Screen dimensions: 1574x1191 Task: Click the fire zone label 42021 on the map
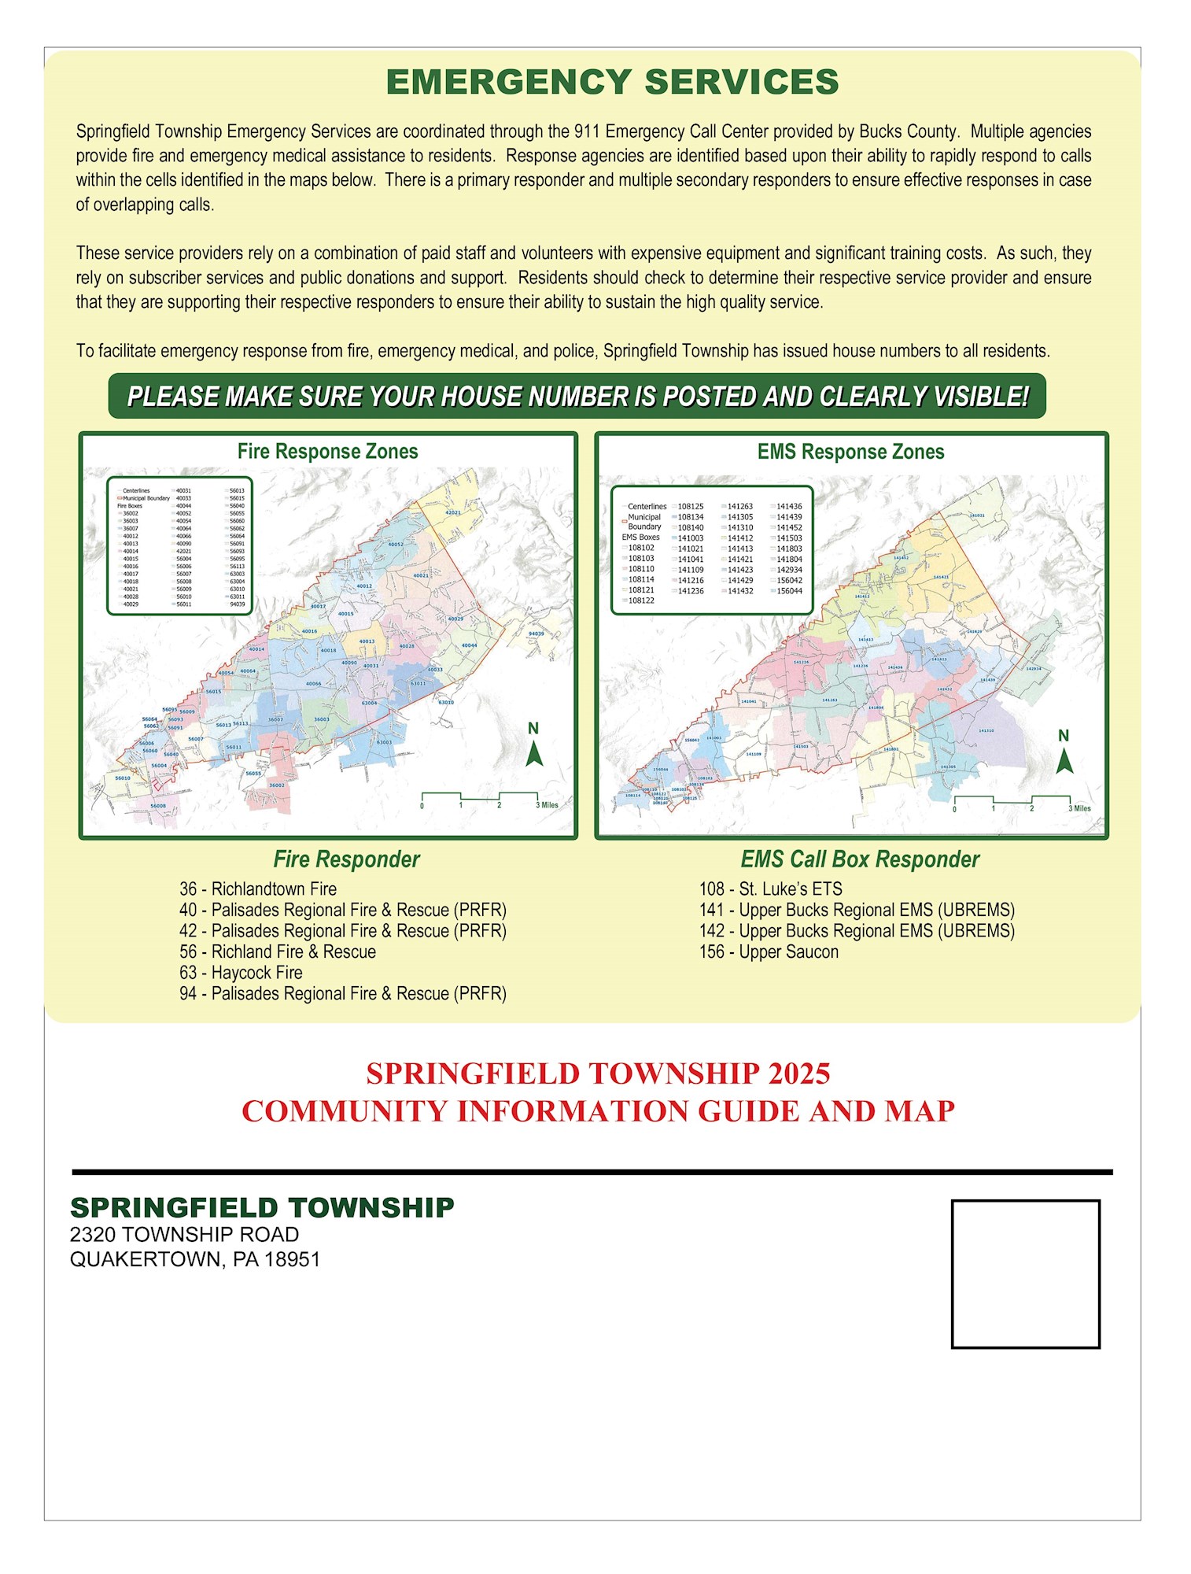453,512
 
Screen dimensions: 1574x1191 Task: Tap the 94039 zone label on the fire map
536,634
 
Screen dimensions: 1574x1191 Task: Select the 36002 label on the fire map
277,785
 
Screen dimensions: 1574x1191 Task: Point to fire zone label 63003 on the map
384,742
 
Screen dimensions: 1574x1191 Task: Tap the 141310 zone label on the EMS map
986,730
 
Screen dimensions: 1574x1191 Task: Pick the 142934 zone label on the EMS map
1034,668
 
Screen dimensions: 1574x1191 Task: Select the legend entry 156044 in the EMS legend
789,591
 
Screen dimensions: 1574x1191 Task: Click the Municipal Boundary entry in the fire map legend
146,498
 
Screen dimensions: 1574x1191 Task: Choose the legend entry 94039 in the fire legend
237,604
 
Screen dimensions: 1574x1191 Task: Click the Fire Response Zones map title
327,452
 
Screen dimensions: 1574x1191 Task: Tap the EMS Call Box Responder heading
860,859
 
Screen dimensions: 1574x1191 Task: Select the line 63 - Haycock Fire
241,973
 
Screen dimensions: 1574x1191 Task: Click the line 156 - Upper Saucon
769,952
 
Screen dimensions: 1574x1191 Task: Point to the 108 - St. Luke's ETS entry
770,889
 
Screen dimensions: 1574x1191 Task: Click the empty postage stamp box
1025,1273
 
